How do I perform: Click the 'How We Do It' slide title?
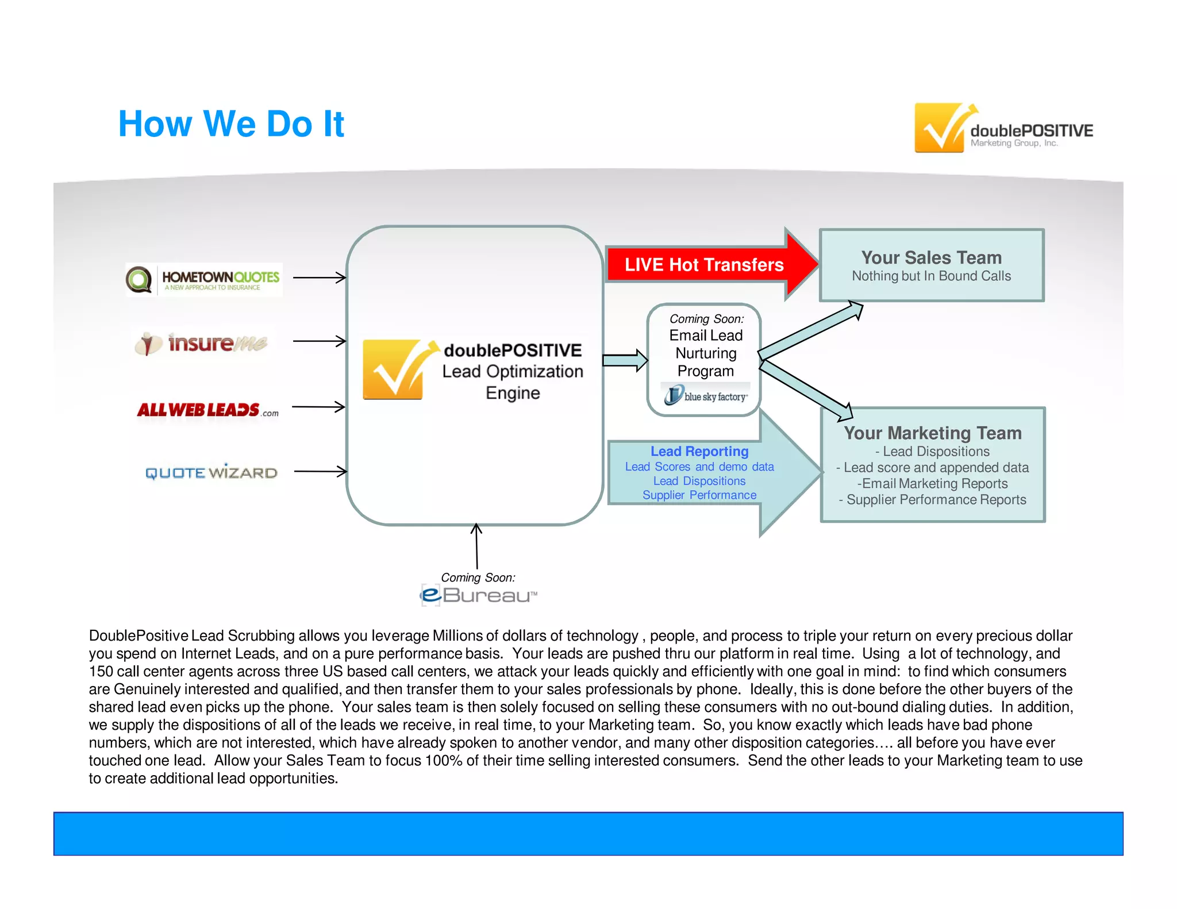point(230,124)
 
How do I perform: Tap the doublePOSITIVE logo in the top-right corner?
point(1003,128)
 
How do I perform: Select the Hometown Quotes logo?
point(204,280)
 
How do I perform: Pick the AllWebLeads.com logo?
point(207,410)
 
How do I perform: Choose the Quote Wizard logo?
point(211,473)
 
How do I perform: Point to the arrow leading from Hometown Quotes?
point(320,278)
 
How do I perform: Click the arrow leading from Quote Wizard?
point(320,471)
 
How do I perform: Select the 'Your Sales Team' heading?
point(931,257)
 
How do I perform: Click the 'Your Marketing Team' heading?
point(932,433)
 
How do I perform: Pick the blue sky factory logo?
point(706,396)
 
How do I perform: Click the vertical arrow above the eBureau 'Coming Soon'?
point(476,546)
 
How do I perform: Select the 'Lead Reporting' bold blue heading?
point(699,451)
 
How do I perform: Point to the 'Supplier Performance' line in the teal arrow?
point(699,495)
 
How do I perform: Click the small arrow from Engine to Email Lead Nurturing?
point(625,360)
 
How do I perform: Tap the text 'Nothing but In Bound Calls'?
point(931,276)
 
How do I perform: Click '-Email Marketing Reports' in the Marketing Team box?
point(932,483)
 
